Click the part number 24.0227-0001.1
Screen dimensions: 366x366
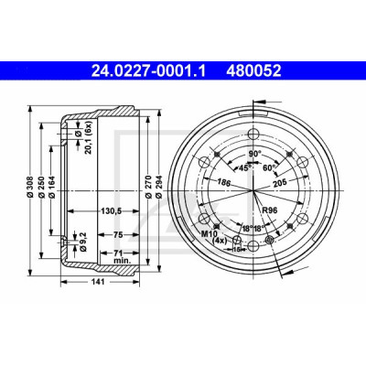click(149, 71)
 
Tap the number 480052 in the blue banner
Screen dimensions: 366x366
click(253, 71)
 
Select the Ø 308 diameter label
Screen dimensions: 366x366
click(30, 188)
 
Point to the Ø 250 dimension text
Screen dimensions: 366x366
click(42, 188)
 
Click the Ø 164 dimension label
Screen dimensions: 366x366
click(51, 188)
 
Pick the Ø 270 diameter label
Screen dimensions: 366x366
click(148, 187)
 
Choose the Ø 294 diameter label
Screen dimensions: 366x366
click(159, 187)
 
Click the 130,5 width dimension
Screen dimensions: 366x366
click(112, 210)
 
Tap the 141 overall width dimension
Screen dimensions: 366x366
click(98, 282)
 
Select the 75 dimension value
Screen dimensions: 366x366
click(118, 235)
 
